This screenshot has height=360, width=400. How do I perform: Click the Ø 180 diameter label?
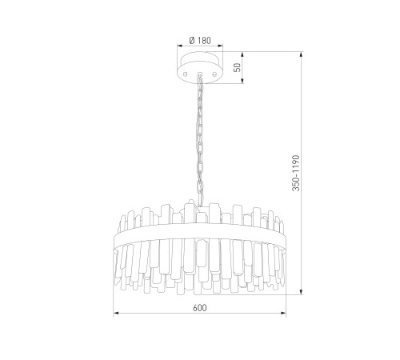[x=200, y=41]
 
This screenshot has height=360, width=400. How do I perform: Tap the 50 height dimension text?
[x=237, y=67]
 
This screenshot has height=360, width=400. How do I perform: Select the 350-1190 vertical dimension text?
[x=296, y=173]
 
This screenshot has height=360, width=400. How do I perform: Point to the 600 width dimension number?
[x=200, y=308]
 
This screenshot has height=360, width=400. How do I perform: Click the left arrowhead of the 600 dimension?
[x=116, y=313]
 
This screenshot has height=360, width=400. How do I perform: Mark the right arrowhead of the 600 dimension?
[x=283, y=313]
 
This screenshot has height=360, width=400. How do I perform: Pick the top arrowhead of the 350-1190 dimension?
[x=302, y=54]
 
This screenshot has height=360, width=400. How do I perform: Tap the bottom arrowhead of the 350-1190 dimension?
[x=302, y=292]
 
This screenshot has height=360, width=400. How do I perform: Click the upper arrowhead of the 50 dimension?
[x=242, y=54]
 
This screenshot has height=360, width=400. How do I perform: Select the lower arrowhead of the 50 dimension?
[x=242, y=81]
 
